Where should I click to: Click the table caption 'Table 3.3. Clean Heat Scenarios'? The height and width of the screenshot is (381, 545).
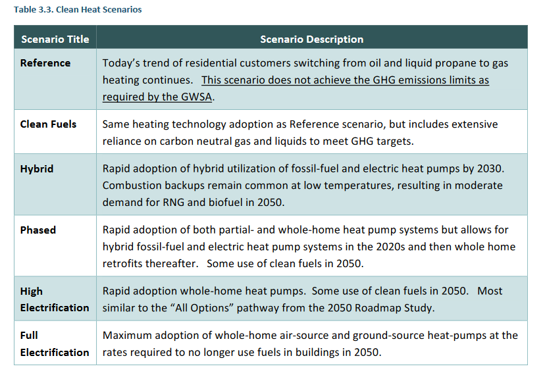pos(78,9)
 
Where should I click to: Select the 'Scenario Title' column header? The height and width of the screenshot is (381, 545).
pos(55,39)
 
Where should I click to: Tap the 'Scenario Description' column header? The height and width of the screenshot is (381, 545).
pos(312,39)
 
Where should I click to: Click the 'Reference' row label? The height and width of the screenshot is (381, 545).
pos(45,63)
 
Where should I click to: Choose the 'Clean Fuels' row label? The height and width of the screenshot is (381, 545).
pos(48,124)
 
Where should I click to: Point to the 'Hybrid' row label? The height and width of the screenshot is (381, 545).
pos(37,169)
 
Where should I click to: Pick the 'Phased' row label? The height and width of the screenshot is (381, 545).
pos(38,230)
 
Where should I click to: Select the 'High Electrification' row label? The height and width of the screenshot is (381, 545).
pos(55,299)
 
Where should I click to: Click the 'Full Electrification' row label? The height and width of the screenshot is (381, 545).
pos(55,343)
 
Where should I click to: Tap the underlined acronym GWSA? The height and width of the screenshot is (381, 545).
pos(197,97)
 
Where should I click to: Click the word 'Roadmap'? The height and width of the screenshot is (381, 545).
pos(378,308)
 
